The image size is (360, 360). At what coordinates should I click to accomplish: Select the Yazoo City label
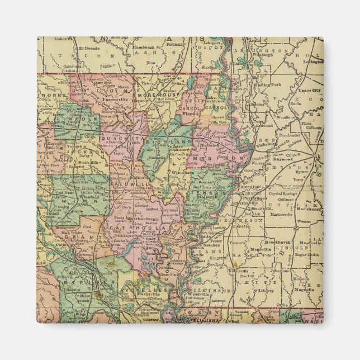309,90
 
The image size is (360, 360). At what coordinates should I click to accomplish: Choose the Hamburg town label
144,48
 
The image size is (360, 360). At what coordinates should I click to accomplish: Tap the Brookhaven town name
276,241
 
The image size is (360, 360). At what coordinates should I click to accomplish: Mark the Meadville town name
262,250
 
